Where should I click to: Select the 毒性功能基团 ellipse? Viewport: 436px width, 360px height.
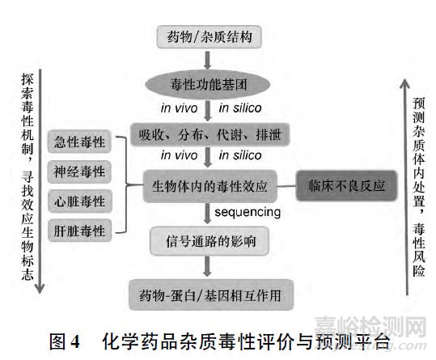[x=210, y=83]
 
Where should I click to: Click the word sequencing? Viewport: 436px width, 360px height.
[x=248, y=212]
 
